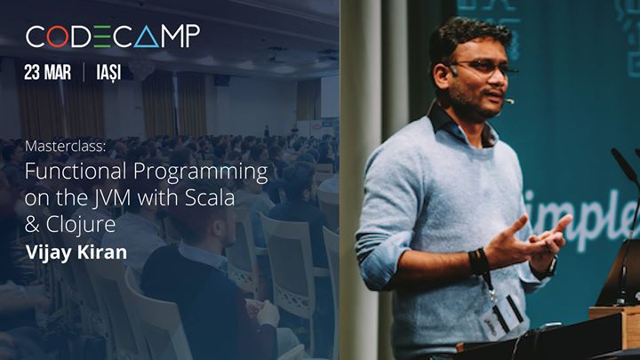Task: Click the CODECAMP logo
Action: (112, 36)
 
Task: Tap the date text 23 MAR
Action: (49, 73)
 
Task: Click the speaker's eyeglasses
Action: (479, 69)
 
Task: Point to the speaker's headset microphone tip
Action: (511, 100)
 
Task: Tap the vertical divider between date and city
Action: (84, 73)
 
